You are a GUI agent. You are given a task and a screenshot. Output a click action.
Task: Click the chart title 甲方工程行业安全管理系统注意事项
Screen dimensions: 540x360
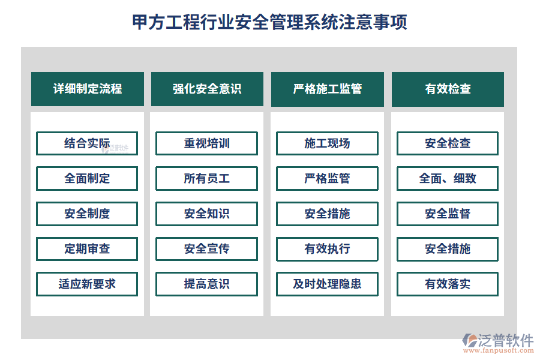269,22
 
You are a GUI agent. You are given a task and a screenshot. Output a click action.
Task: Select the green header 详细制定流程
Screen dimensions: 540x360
88,89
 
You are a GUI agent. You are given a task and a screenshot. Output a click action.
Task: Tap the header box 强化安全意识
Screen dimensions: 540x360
207,89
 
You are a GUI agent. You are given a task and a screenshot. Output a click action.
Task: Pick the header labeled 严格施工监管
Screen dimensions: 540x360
327,89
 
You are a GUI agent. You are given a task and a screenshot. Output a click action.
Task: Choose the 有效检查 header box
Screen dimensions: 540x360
448,89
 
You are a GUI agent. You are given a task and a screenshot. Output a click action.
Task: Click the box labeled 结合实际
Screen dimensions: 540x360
87,143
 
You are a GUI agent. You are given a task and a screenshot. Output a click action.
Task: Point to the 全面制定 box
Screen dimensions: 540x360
87,178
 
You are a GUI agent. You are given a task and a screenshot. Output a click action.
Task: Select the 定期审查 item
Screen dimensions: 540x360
87,249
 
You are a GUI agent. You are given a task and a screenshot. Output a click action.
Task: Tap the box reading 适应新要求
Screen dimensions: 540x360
87,284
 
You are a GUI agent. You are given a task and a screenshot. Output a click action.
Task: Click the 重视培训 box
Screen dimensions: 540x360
206,143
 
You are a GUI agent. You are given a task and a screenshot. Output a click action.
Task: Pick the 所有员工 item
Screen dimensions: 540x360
206,178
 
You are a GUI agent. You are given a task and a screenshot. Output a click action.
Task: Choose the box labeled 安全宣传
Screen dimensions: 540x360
206,249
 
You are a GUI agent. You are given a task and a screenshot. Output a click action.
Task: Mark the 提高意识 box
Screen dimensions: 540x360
206,284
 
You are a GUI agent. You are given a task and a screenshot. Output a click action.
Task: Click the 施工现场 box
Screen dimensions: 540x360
327,143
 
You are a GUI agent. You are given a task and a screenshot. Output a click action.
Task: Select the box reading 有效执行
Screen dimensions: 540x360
327,249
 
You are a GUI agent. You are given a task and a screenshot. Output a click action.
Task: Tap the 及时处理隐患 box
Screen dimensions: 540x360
327,284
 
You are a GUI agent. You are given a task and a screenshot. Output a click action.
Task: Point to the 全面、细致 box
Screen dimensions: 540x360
448,178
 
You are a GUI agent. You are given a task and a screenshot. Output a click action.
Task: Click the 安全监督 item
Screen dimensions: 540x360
448,214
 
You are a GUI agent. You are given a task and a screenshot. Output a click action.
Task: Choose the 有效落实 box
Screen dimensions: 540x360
448,284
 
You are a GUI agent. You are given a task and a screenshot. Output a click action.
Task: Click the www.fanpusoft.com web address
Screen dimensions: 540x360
498,350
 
